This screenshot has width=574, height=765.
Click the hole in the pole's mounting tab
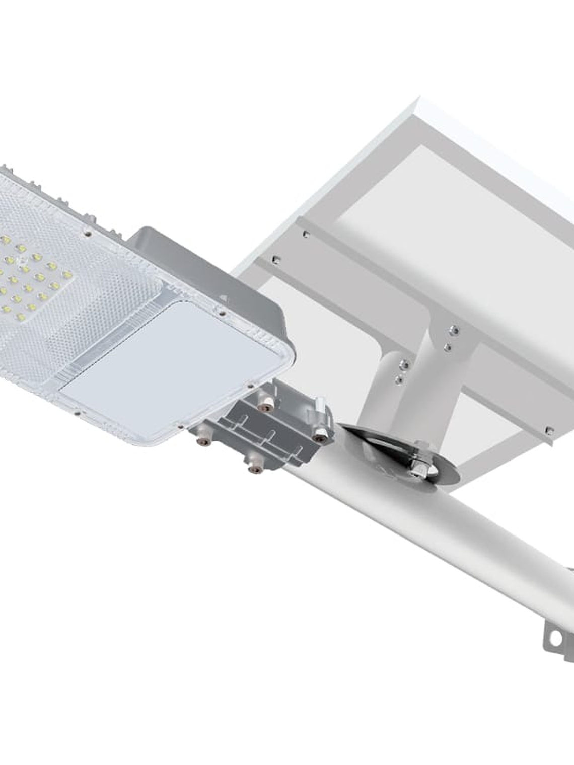[x=555, y=638]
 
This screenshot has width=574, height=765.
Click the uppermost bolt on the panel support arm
[x=455, y=330]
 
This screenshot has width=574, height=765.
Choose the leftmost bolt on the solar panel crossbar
[x=275, y=259]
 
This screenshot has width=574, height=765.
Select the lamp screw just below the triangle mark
[x=222, y=313]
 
